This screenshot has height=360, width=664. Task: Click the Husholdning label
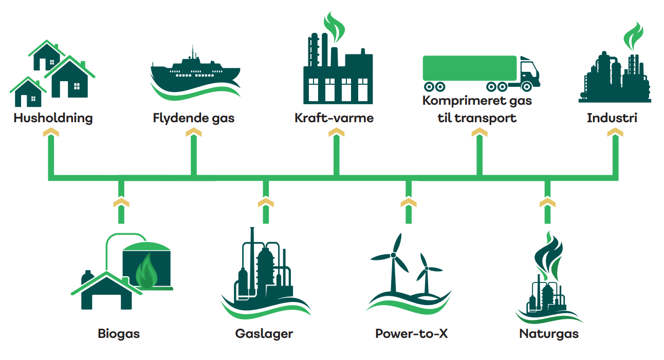(53, 118)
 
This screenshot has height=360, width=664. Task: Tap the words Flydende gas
(194, 118)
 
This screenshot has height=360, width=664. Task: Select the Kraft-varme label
(334, 118)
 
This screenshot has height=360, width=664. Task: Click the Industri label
(612, 118)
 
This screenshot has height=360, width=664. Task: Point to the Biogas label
(119, 334)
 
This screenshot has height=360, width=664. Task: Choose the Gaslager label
(264, 334)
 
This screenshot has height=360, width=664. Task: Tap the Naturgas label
(549, 334)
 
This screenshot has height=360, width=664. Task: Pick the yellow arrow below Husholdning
(50, 133)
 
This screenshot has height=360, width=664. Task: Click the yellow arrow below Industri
(615, 133)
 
